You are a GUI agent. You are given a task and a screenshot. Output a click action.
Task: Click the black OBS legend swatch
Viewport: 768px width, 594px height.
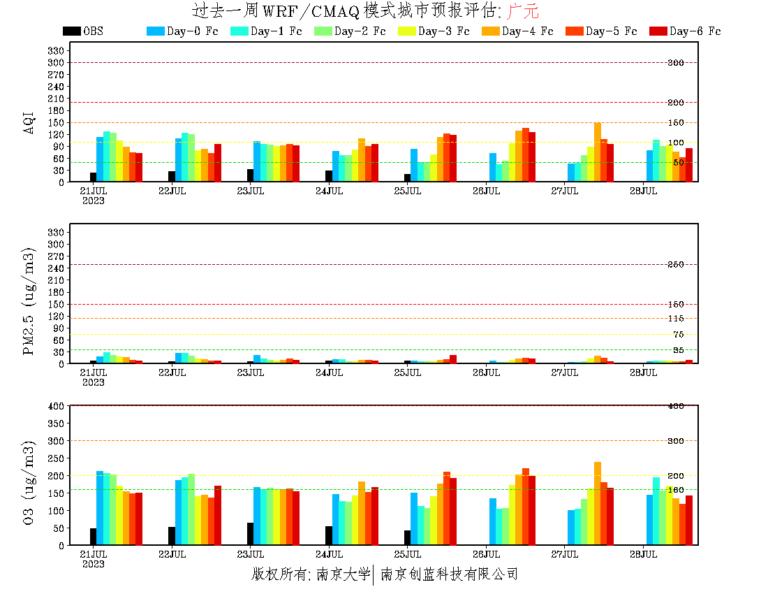coord(71,31)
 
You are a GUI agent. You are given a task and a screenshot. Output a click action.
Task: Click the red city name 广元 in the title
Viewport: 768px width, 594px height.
coord(523,11)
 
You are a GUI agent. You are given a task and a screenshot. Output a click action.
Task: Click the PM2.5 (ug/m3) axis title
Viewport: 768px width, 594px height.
coord(29,300)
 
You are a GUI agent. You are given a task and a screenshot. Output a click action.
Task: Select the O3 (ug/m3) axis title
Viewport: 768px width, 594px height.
coord(29,482)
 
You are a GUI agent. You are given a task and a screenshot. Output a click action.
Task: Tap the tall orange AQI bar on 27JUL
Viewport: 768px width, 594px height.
coord(598,152)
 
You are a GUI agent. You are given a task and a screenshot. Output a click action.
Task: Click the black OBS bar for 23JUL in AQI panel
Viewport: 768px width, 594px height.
coord(250,175)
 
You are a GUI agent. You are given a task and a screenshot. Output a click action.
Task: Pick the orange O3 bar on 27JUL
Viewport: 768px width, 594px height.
coord(598,503)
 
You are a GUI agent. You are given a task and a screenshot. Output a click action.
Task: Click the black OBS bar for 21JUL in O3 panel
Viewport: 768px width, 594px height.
coord(93,537)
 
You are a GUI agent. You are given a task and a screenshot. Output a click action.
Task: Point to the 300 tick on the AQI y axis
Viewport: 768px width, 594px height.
coord(57,62)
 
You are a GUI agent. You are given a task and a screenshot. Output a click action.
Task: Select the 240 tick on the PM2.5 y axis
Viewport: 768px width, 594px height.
coord(57,268)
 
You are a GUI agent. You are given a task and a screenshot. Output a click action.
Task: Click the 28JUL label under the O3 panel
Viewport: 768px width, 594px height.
coord(643,554)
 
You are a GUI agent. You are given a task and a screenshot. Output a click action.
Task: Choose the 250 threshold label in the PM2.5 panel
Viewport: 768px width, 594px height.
coord(676,265)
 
